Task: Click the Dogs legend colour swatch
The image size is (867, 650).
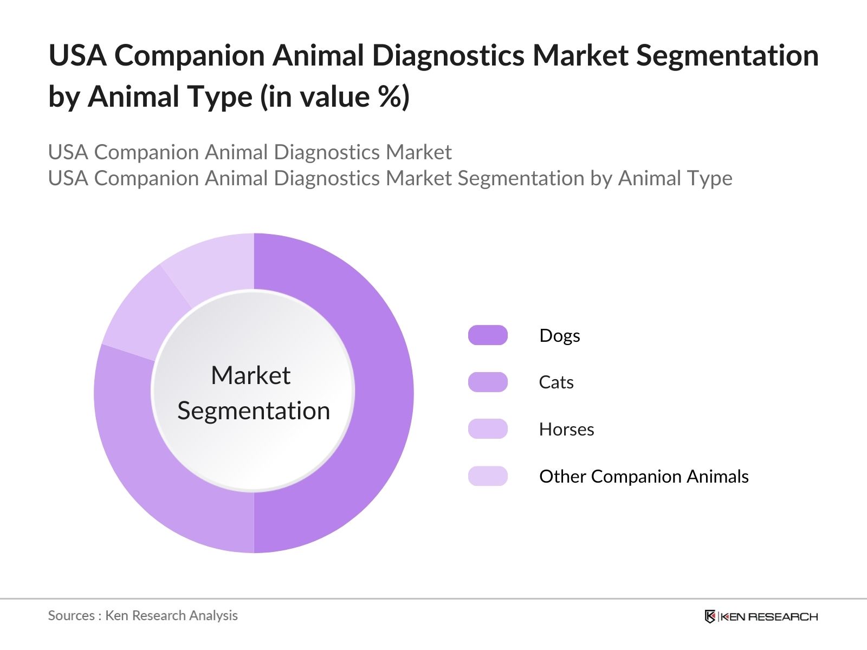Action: click(x=488, y=335)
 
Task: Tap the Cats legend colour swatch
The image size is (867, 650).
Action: click(x=488, y=382)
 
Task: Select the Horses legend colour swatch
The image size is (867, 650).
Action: click(x=488, y=429)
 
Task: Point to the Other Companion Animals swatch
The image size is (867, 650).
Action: click(x=488, y=476)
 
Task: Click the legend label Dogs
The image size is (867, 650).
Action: click(x=560, y=336)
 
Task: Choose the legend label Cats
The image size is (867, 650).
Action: click(x=556, y=382)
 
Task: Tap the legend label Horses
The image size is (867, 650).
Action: click(x=566, y=430)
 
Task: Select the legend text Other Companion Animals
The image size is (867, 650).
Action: click(x=644, y=477)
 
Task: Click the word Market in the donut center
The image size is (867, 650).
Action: click(x=250, y=375)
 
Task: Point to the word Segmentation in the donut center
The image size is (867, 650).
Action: click(x=254, y=411)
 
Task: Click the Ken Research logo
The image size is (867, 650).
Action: click(x=761, y=616)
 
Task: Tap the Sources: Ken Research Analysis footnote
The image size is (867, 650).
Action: click(x=143, y=615)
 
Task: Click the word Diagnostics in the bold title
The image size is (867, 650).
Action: click(x=448, y=55)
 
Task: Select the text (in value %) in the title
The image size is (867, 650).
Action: click(x=335, y=97)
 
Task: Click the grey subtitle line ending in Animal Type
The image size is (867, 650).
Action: click(x=390, y=178)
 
